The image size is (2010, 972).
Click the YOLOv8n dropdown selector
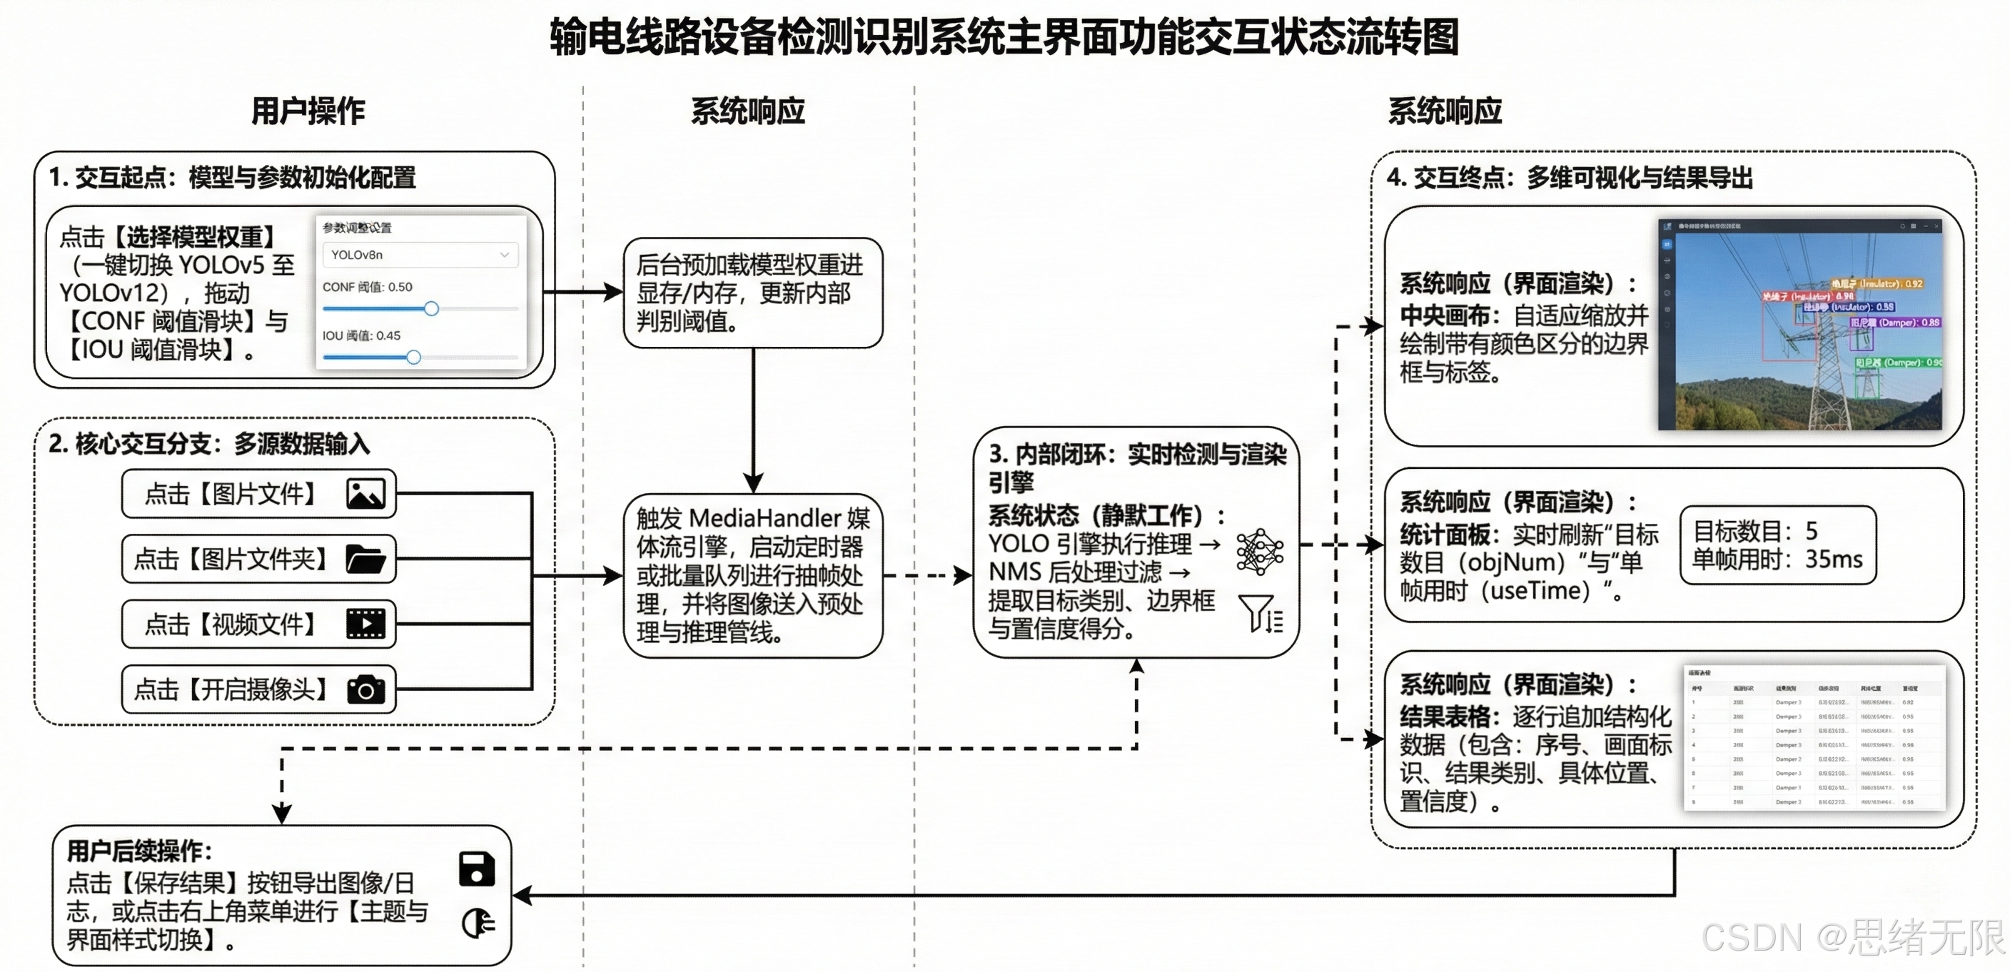point(420,255)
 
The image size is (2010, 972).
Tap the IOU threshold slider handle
point(413,358)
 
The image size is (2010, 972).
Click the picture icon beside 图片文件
point(365,494)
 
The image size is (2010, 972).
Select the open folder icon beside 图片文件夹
point(365,560)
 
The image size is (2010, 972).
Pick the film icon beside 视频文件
point(365,624)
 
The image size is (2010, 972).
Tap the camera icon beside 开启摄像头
point(365,689)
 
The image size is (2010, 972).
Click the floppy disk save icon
point(477,869)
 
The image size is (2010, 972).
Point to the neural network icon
point(1259,552)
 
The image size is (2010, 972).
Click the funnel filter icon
point(1259,613)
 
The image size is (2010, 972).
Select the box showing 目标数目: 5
point(1777,545)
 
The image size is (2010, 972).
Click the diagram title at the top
point(1004,36)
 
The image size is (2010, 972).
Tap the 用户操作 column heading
point(308,111)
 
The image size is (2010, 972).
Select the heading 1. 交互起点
point(233,178)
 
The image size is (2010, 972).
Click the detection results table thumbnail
point(1814,737)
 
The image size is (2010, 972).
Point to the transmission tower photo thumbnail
point(1799,324)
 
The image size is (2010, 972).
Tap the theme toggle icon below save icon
point(478,923)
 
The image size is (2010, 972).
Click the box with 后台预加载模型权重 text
point(752,293)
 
